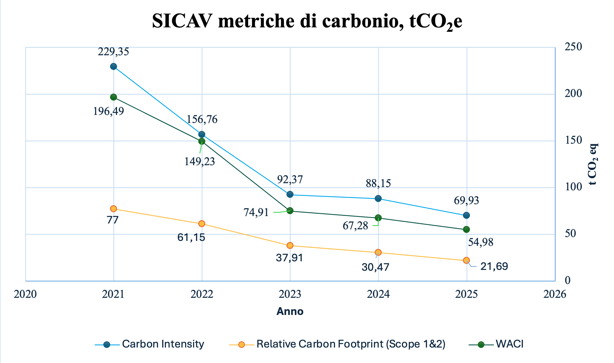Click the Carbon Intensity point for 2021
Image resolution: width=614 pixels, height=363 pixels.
pos(113,67)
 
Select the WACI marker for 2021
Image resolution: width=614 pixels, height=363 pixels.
pos(113,97)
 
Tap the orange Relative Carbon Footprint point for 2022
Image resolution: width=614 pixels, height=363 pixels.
pos(202,223)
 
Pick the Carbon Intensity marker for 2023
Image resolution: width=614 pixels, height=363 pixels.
pos(290,194)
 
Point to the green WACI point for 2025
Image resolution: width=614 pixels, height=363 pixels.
pos(466,229)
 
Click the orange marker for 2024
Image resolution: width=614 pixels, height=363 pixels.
pos(378,252)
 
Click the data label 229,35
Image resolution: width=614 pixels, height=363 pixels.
pos(113,52)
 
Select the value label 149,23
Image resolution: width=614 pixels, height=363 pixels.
pos(200,162)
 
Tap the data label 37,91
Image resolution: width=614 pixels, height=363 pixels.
pos(290,258)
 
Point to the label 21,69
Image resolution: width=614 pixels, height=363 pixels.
pos(494,266)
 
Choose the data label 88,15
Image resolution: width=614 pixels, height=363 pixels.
pos(378,183)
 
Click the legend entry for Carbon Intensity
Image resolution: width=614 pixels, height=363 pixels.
pos(149,344)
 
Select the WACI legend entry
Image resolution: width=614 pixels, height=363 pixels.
pos(496,344)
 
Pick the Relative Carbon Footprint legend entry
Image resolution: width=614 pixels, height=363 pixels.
pos(337,344)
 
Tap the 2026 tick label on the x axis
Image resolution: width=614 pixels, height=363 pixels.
pos(555,294)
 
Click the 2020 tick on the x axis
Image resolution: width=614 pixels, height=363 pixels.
pos(25,294)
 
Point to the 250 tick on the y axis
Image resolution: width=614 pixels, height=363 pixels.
pos(573,47)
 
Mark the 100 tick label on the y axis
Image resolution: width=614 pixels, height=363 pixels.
pos(573,187)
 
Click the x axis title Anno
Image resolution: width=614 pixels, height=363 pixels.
pos(290,311)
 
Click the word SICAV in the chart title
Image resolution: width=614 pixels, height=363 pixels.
pos(183,21)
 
